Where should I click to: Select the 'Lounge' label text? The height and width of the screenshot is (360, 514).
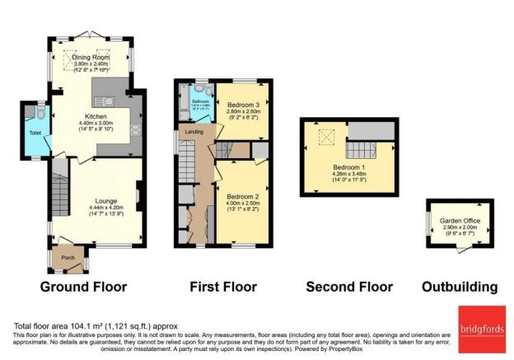(87, 201)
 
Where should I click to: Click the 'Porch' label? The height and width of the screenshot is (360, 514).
(69, 258)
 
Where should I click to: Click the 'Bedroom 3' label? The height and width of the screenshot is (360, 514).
(243, 105)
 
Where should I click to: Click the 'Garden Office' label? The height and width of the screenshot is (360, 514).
(460, 219)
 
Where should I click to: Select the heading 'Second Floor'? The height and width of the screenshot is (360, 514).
(347, 288)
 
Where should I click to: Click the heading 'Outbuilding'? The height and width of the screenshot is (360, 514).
(460, 288)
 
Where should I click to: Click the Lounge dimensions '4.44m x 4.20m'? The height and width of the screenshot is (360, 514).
(87, 208)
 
